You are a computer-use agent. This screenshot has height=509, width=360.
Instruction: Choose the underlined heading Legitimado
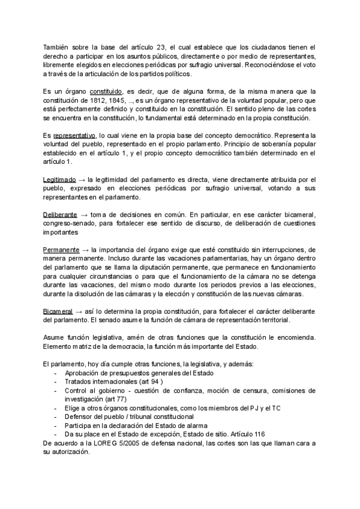coord(59,179)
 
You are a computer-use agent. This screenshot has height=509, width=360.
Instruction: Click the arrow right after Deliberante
coord(84,215)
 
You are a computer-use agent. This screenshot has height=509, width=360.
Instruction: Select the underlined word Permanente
coord(61,250)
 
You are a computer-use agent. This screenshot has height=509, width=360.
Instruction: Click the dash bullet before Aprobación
coord(55,373)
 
